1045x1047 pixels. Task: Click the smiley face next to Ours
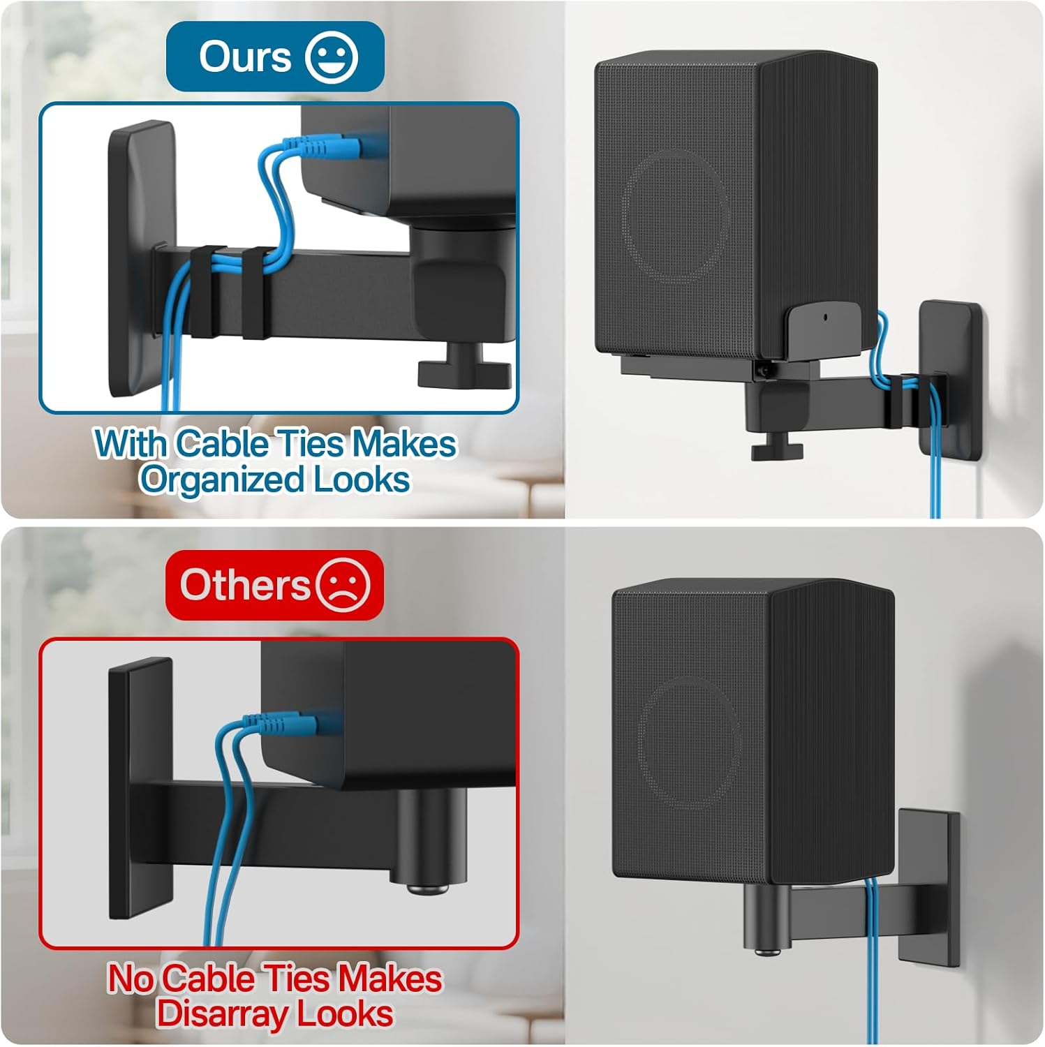click(x=332, y=57)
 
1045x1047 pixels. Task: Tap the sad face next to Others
click(x=342, y=584)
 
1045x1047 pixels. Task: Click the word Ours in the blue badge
click(x=245, y=57)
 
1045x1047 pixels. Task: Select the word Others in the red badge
click(x=244, y=585)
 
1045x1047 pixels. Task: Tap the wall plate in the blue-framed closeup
click(x=140, y=258)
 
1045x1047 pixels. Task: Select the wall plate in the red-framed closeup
click(x=140, y=789)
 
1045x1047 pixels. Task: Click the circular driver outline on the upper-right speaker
click(x=675, y=217)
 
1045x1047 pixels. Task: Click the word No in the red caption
click(x=131, y=979)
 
